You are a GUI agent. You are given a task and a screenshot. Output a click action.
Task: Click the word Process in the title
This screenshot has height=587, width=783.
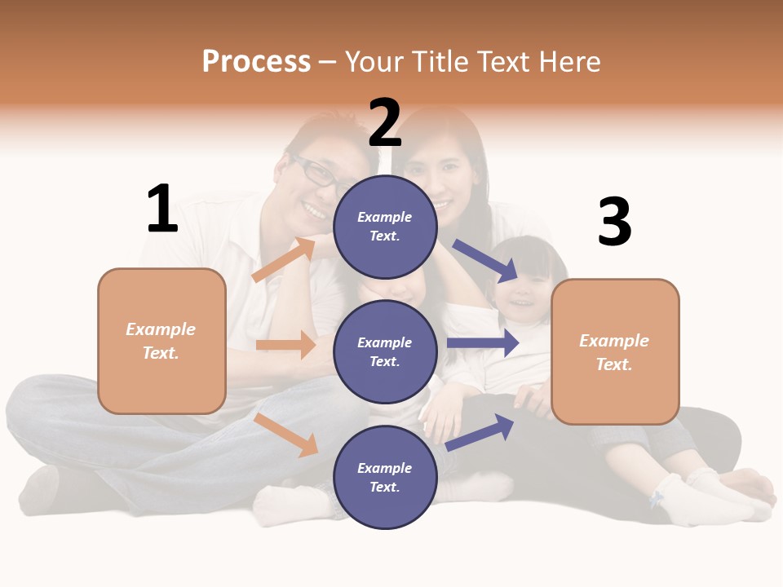[x=256, y=61]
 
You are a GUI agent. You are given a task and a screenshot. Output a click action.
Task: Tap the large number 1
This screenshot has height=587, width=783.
[x=162, y=210]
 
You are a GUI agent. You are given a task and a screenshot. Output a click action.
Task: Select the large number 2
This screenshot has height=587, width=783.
[x=385, y=122]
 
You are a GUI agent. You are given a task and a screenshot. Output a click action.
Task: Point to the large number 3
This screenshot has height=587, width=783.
[x=614, y=223]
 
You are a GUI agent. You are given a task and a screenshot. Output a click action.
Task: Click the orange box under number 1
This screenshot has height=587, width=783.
[x=161, y=341]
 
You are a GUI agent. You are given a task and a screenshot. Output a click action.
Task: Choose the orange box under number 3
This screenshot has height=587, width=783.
[x=615, y=352]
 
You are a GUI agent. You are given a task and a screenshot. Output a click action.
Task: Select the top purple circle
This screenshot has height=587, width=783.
[x=385, y=227]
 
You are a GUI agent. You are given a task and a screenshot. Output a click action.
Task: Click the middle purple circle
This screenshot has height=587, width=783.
[x=385, y=351]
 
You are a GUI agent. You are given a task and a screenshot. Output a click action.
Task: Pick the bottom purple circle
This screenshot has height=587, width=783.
[x=385, y=477]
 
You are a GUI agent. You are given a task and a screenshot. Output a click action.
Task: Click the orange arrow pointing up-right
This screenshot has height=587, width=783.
[x=284, y=260]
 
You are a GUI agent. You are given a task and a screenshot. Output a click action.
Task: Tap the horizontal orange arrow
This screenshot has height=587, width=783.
[x=285, y=345]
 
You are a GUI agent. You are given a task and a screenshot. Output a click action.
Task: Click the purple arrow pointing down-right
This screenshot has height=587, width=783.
[x=485, y=259]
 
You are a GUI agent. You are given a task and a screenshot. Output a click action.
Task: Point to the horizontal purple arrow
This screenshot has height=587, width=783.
[x=483, y=343]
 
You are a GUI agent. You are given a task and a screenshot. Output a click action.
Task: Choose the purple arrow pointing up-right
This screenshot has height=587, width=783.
[x=480, y=431]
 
